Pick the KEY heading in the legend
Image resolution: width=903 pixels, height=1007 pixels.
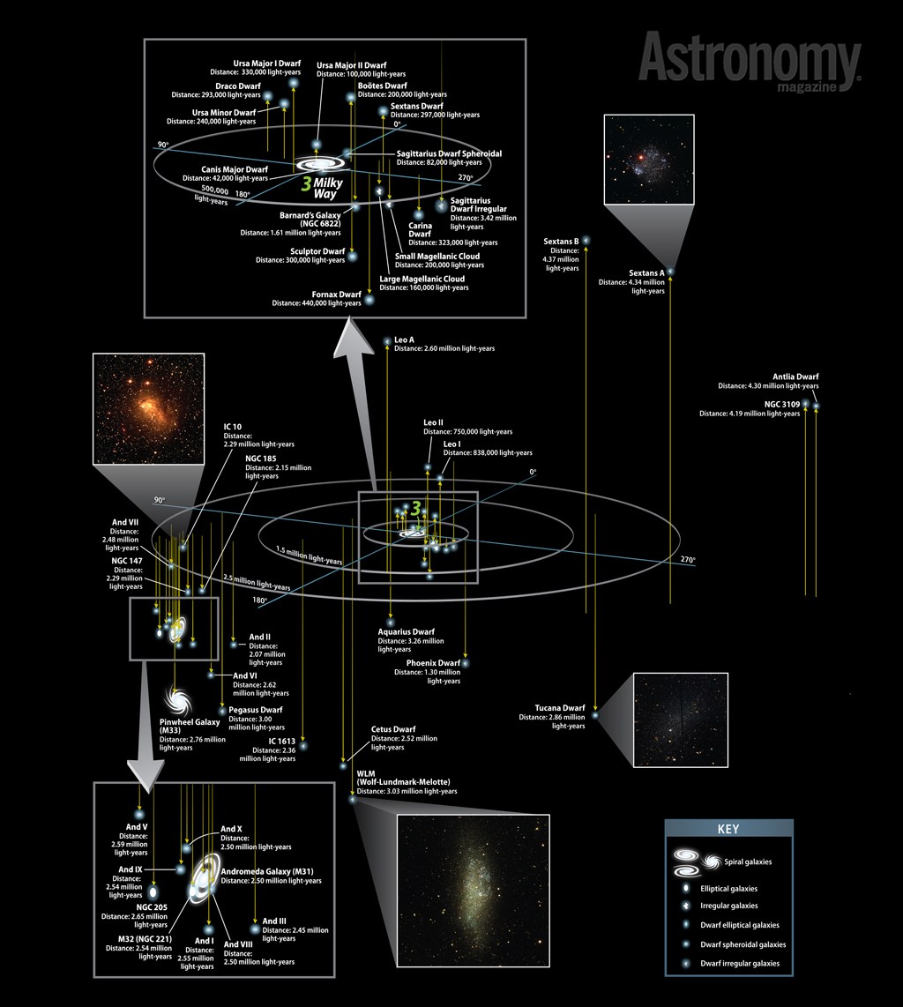point(728,829)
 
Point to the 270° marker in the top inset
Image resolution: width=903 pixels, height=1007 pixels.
point(466,178)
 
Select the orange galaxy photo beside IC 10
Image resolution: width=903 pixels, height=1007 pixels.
point(149,408)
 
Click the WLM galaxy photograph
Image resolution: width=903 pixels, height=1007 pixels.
point(474,890)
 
